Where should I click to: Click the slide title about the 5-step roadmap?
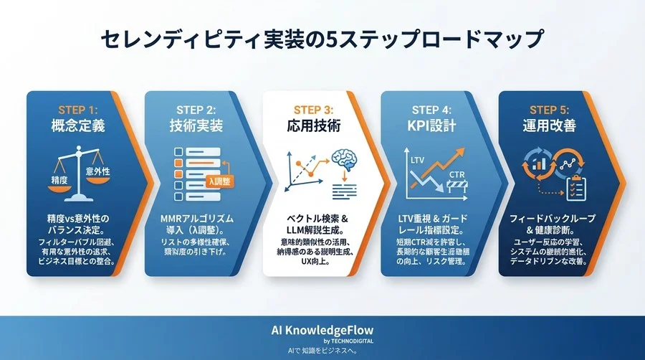[322, 40]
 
